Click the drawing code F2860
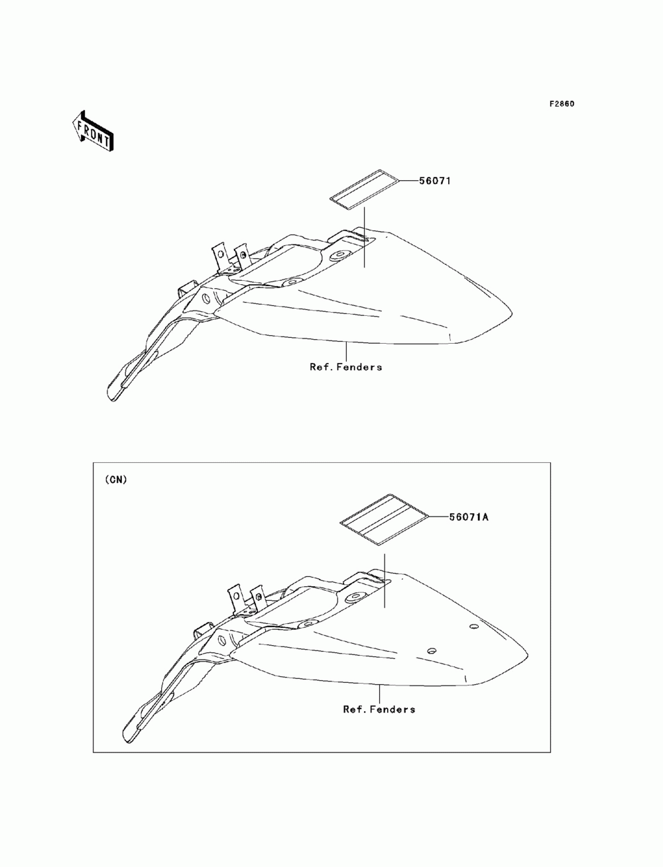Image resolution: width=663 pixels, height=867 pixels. tap(561, 104)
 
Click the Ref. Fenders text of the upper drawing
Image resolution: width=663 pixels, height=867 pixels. tap(346, 366)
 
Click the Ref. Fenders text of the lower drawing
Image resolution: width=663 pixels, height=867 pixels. tap(379, 709)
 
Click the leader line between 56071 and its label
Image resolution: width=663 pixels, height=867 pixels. tap(408, 180)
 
